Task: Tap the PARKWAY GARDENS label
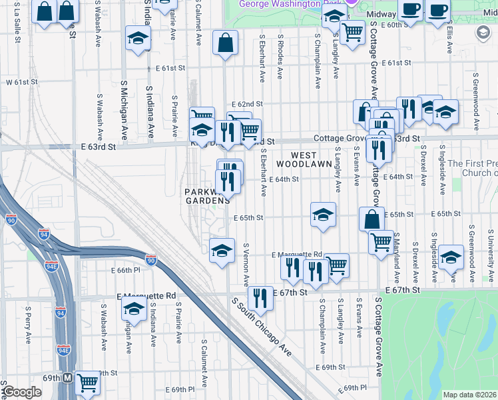(208, 196)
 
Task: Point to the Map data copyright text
(469, 395)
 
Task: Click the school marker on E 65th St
(323, 215)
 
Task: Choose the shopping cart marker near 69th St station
(87, 383)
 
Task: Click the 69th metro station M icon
(68, 377)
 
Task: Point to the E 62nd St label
(248, 104)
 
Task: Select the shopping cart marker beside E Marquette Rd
(337, 265)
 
